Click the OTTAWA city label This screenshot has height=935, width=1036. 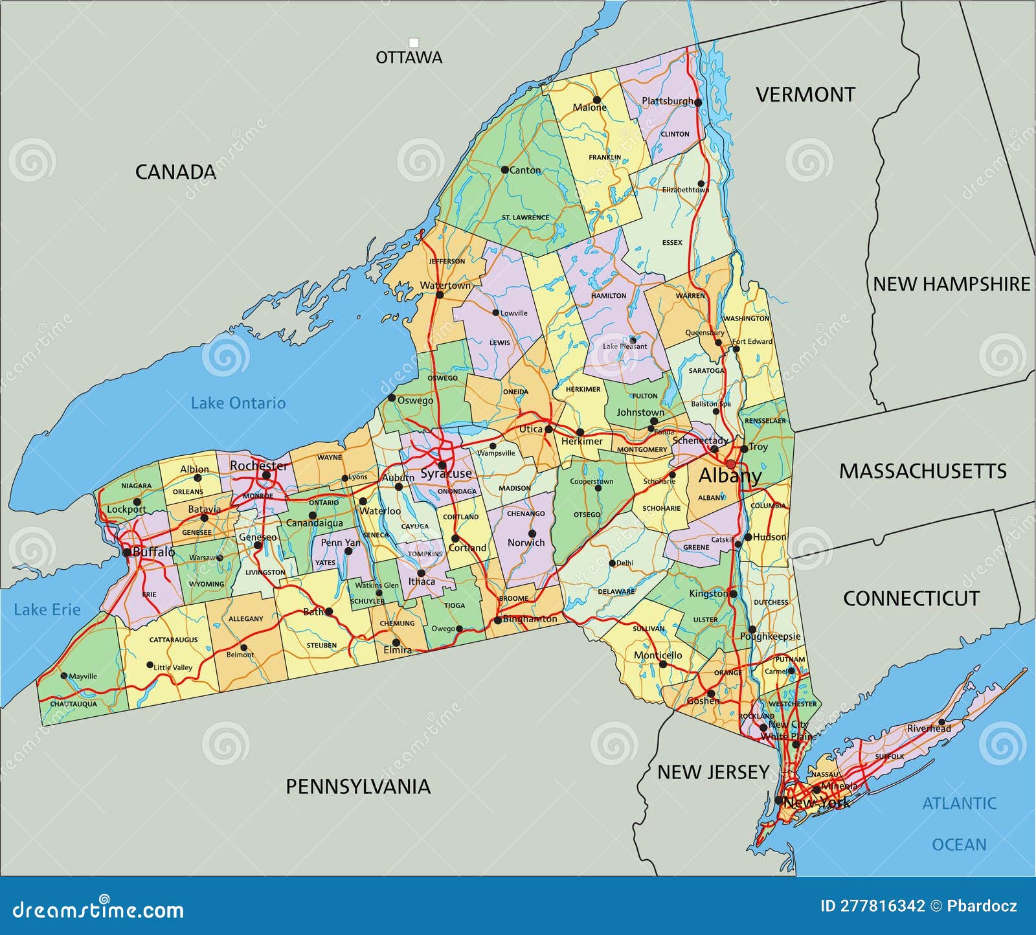click(x=409, y=58)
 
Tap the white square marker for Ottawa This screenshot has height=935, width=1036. click(x=414, y=43)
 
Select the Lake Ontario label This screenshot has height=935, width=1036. click(x=238, y=403)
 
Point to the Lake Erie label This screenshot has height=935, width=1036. click(x=47, y=610)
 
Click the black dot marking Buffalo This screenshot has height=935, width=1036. click(x=127, y=552)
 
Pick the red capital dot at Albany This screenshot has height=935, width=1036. click(x=731, y=464)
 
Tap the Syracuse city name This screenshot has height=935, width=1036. click(x=446, y=474)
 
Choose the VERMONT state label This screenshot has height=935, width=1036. click(x=805, y=95)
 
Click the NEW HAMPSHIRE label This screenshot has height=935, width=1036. click(x=951, y=284)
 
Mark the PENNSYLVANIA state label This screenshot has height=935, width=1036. click(x=358, y=787)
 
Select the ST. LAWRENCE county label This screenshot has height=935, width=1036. click(x=525, y=218)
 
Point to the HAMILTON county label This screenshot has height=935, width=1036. click(x=609, y=296)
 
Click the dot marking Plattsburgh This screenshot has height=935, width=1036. click(x=698, y=102)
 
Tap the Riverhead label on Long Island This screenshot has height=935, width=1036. click(x=929, y=728)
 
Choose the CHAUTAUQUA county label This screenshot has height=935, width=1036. click(x=73, y=704)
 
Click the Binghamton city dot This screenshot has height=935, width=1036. click(x=497, y=620)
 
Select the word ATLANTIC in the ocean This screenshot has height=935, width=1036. click(x=959, y=804)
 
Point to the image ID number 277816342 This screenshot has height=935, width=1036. click(x=872, y=906)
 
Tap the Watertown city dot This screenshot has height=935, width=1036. click(x=440, y=295)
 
